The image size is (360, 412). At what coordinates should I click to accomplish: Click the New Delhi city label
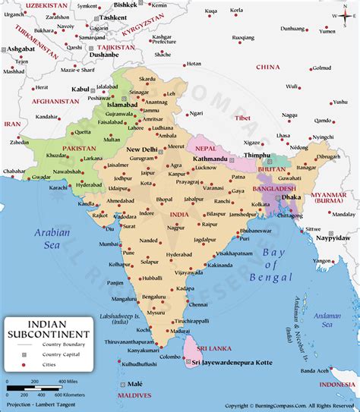[141, 149]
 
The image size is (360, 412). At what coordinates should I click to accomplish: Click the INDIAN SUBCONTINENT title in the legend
[48, 327]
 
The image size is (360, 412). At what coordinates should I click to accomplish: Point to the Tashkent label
[113, 17]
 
